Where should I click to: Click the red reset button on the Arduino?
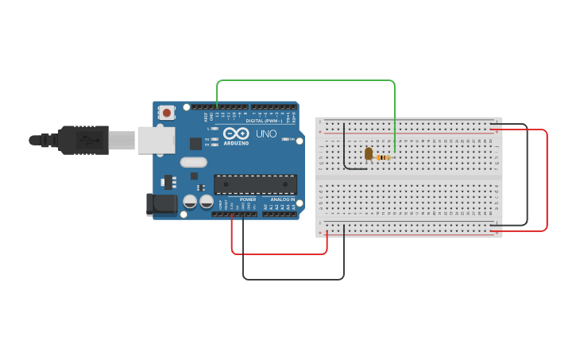pyautogui.click(x=166, y=113)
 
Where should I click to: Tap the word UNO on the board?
pyautogui.click(x=267, y=134)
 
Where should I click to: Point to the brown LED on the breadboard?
pyautogui.click(x=368, y=154)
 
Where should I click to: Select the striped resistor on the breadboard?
pyautogui.click(x=384, y=157)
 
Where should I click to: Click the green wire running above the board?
pyautogui.click(x=306, y=80)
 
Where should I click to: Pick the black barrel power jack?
pyautogui.click(x=163, y=204)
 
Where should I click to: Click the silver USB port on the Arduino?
pyautogui.click(x=156, y=140)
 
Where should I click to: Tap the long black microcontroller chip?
pyautogui.click(x=255, y=184)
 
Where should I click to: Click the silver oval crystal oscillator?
pyautogui.click(x=193, y=163)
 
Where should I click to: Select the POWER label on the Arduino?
pyautogui.click(x=248, y=199)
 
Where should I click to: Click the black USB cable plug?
pyautogui.click(x=83, y=140)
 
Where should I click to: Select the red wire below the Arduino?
pyautogui.click(x=278, y=254)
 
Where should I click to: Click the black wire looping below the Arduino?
pyautogui.click(x=294, y=279)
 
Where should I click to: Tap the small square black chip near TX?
pyautogui.click(x=195, y=144)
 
